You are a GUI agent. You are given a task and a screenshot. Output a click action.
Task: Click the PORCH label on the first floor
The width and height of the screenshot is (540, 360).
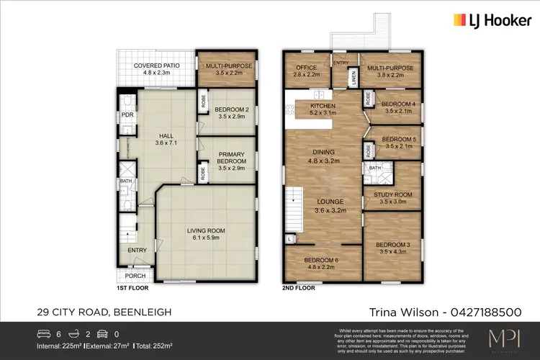[135, 275]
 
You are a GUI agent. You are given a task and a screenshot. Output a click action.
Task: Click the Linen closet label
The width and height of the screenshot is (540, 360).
[354, 78]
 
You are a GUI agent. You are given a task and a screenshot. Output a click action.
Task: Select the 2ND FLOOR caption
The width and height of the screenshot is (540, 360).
[298, 287]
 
